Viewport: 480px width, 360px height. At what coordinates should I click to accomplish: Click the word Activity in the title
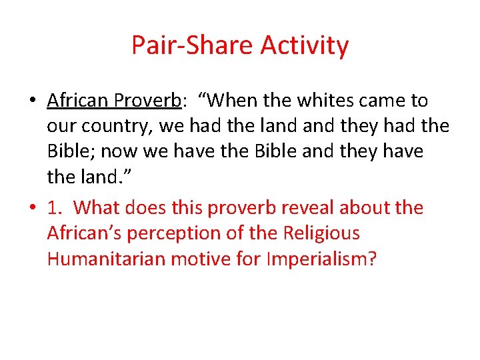305,46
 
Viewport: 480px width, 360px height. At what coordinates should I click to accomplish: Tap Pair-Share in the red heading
193,46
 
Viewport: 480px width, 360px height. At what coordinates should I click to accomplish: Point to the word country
118,126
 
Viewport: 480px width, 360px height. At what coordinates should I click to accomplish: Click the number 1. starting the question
55,207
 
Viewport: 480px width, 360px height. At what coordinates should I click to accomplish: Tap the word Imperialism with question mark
321,258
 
